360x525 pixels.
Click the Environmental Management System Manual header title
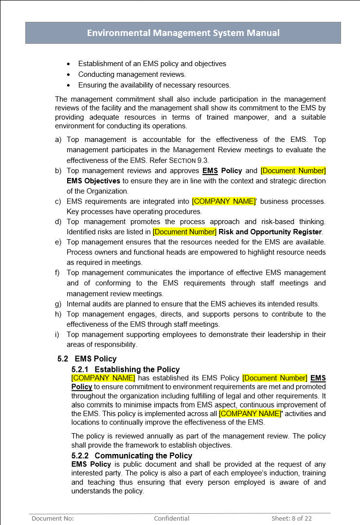(183, 33)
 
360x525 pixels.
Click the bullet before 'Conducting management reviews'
(68, 74)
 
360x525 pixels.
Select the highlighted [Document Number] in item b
(293, 171)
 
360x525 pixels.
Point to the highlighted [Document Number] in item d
(184, 232)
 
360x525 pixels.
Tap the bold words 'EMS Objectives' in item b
(93, 181)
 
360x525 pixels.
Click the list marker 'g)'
(58, 304)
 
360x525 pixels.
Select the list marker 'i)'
(58, 334)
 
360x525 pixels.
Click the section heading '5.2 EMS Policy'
(87, 359)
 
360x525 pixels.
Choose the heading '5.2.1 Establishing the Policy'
(126, 369)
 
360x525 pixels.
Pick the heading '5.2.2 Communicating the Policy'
(131, 455)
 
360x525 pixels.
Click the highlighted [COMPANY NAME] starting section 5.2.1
(103, 378)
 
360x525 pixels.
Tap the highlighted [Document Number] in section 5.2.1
(275, 378)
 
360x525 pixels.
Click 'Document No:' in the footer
(53, 518)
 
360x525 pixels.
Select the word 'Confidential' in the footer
(172, 518)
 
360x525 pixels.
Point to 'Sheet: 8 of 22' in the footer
(291, 518)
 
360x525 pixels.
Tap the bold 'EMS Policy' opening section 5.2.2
(91, 464)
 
